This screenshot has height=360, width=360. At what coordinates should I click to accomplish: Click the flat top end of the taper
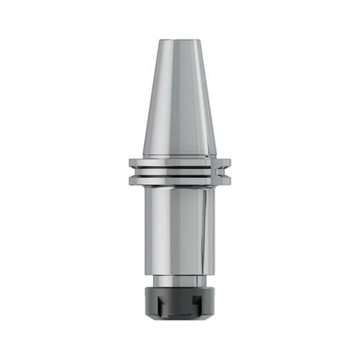(x=179, y=39)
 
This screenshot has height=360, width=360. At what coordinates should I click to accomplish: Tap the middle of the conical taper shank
(x=179, y=97)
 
